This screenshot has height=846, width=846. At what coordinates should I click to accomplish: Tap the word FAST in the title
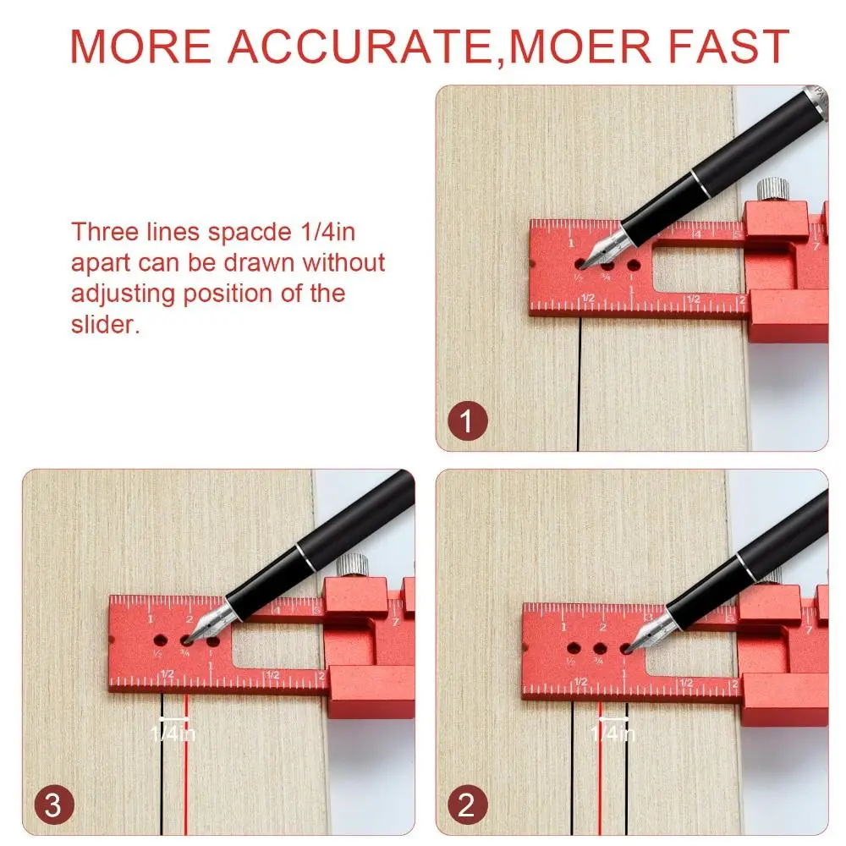click(730, 47)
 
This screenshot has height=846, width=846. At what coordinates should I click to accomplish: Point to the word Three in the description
click(102, 232)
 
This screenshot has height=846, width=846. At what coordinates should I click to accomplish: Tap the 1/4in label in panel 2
click(612, 733)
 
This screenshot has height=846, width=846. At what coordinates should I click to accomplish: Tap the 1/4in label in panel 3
click(173, 733)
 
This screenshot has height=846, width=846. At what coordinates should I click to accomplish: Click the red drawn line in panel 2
click(600, 761)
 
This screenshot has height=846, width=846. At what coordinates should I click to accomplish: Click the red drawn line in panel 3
click(185, 761)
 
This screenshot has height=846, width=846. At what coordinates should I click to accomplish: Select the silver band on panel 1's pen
click(699, 181)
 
